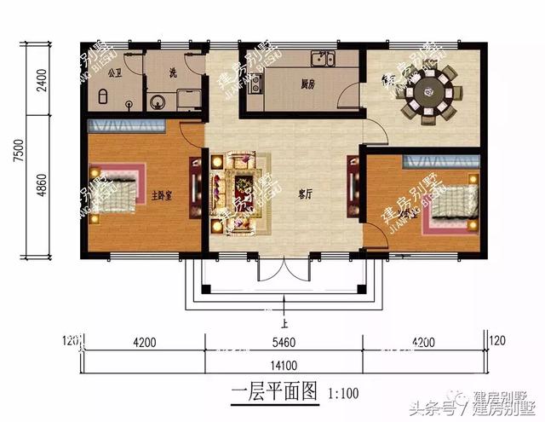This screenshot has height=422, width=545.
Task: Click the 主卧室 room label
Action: (162, 194)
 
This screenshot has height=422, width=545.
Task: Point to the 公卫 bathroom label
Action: (116, 72)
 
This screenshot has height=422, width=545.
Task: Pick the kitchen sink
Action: (322, 59)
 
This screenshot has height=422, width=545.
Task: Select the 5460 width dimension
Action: (284, 344)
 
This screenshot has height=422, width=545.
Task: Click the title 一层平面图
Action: (273, 394)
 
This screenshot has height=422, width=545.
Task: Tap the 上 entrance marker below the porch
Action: (282, 323)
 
